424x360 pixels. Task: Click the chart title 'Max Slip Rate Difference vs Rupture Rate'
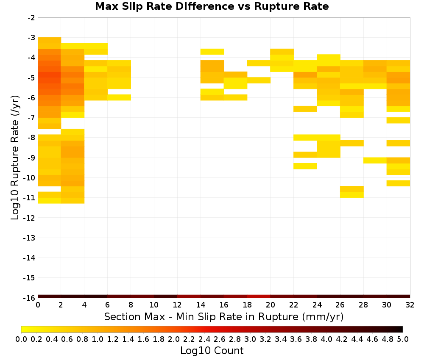point(212,6)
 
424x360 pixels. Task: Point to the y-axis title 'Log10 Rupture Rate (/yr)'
point(15,158)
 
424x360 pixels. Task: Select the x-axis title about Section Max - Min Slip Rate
point(223,316)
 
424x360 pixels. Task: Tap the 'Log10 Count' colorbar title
point(212,351)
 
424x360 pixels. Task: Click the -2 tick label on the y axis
point(31,18)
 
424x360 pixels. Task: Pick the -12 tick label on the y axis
point(29,218)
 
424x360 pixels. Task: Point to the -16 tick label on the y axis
point(29,298)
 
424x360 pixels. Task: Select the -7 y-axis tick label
point(31,118)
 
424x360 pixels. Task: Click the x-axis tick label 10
point(154,305)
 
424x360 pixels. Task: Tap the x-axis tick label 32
point(410,305)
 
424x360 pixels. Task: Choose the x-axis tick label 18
point(247,305)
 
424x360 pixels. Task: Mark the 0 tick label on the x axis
point(38,305)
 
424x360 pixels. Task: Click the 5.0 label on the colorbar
point(403,339)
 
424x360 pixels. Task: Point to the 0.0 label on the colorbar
point(21,339)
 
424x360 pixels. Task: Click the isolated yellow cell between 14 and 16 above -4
point(212,52)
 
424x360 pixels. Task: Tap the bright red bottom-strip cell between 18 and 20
point(259,296)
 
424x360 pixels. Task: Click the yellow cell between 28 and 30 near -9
point(375,161)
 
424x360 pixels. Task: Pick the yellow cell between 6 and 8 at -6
point(119,97)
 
